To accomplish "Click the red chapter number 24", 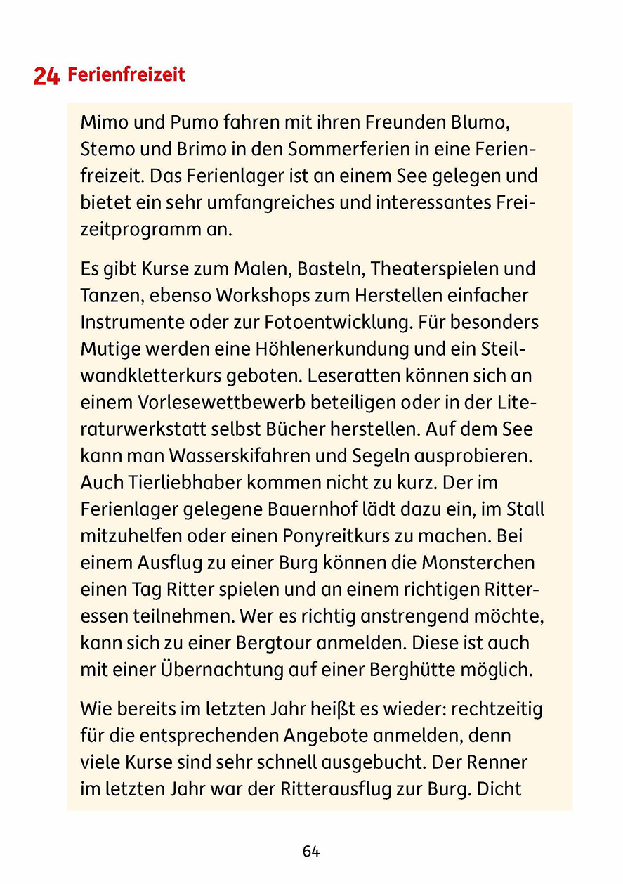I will (46, 76).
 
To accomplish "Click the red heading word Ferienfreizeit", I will (126, 74).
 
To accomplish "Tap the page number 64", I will (311, 852).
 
